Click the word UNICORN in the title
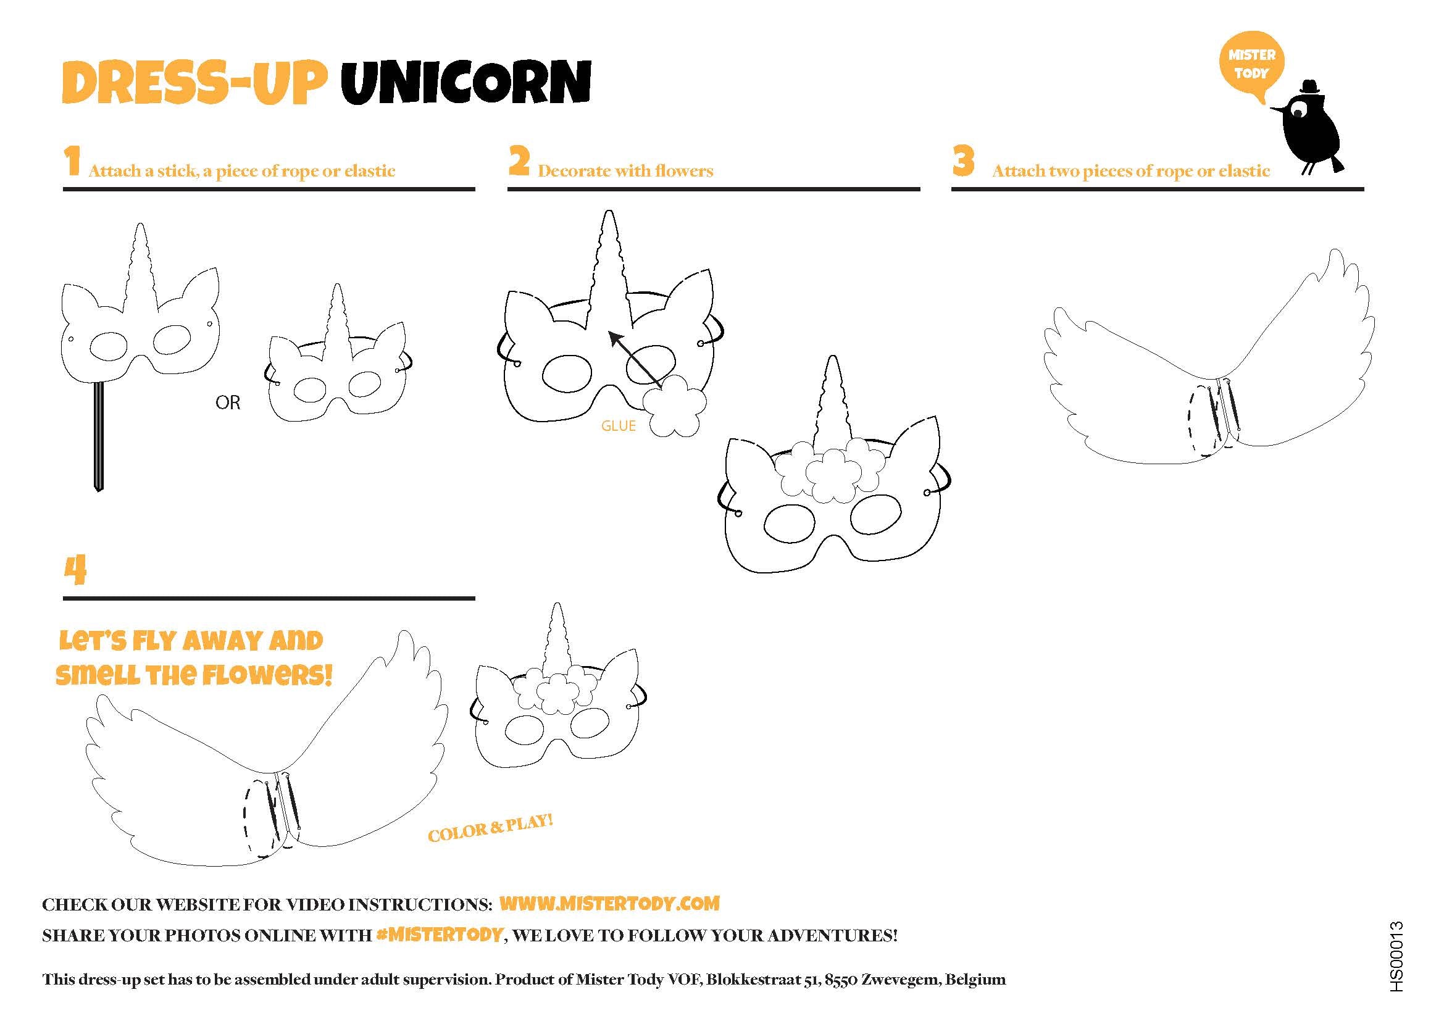[x=466, y=83]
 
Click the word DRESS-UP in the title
[x=196, y=83]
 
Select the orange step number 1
[x=72, y=161]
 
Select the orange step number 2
[x=519, y=161]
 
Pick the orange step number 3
[x=964, y=161]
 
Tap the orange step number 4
[x=75, y=570]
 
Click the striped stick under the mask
[x=98, y=436]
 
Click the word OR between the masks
[x=228, y=402]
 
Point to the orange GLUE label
[x=618, y=426]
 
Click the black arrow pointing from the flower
[x=635, y=359]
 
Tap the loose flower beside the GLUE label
[x=675, y=406]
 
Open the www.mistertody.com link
[x=609, y=904]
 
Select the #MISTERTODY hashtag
[x=440, y=935]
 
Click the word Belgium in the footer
[x=975, y=980]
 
